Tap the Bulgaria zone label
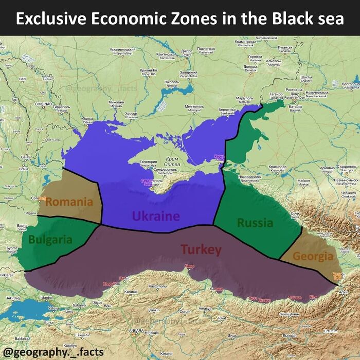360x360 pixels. click(50, 239)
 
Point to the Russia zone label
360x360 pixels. click(255, 223)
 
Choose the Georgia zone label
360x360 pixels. click(313, 256)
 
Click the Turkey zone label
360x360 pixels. click(201, 250)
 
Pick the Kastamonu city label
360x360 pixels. click(157, 286)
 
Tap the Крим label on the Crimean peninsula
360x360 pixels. click(173, 159)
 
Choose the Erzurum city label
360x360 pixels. click(316, 331)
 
